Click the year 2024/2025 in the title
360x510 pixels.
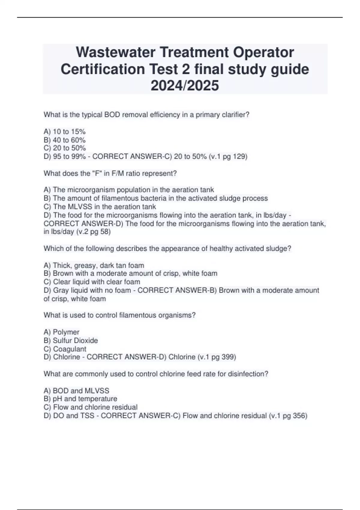click(x=185, y=85)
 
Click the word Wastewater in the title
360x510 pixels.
click(x=115, y=52)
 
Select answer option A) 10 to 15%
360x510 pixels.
click(x=64, y=131)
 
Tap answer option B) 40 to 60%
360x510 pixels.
click(x=64, y=140)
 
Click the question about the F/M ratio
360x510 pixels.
click(x=110, y=173)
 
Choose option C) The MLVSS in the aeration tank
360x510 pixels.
click(x=100, y=207)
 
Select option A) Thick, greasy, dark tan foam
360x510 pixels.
click(x=94, y=265)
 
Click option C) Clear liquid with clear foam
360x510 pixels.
click(x=92, y=282)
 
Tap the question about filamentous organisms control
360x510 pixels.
click(x=119, y=315)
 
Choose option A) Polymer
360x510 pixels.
click(x=61, y=332)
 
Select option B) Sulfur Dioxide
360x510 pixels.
click(x=71, y=340)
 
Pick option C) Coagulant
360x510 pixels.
click(x=65, y=349)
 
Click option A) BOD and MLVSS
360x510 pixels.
click(x=76, y=391)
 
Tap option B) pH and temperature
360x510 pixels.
click(x=80, y=399)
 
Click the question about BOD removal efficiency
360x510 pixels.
click(x=146, y=115)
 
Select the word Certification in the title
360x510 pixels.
click(x=103, y=69)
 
